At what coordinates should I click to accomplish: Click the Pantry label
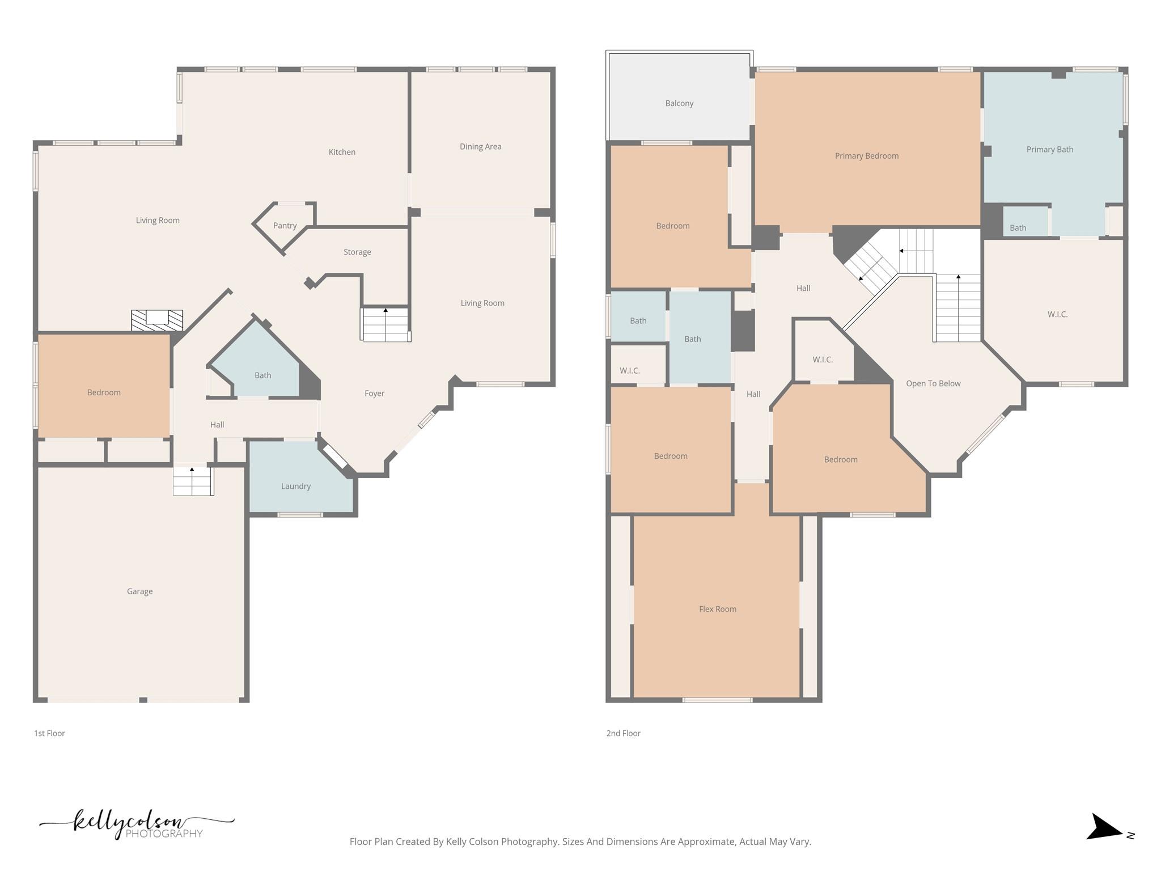(x=285, y=226)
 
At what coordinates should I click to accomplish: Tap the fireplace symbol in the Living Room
(x=157, y=320)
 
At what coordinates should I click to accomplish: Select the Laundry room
(x=295, y=486)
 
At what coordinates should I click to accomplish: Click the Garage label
(x=139, y=591)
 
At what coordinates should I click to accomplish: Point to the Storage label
(x=357, y=252)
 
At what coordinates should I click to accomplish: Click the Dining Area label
(x=480, y=146)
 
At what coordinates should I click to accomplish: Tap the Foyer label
(x=374, y=393)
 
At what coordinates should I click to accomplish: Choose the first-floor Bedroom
(x=104, y=392)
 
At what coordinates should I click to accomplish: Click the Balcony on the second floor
(x=679, y=103)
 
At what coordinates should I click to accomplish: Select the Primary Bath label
(x=1049, y=150)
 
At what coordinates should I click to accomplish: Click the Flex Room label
(x=718, y=609)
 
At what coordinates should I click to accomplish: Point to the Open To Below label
(x=933, y=383)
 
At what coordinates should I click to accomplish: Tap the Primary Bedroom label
(x=866, y=156)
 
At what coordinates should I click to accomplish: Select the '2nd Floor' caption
(x=623, y=733)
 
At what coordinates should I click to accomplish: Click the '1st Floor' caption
(x=49, y=733)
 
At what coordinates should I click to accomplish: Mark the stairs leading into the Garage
(x=193, y=482)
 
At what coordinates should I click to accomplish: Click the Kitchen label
(x=342, y=152)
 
